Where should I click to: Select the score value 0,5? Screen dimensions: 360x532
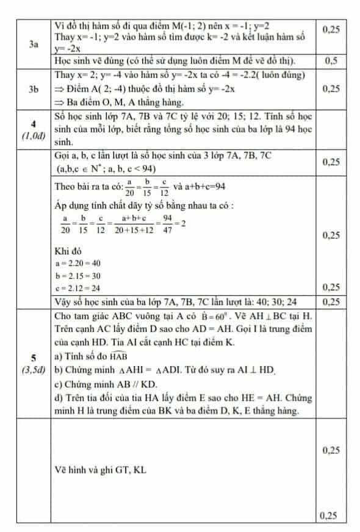pyautogui.click(x=331, y=60)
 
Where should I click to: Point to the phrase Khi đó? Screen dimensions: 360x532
pyautogui.click(x=68, y=251)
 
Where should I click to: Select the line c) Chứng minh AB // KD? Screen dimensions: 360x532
pyautogui.click(x=109, y=384)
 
